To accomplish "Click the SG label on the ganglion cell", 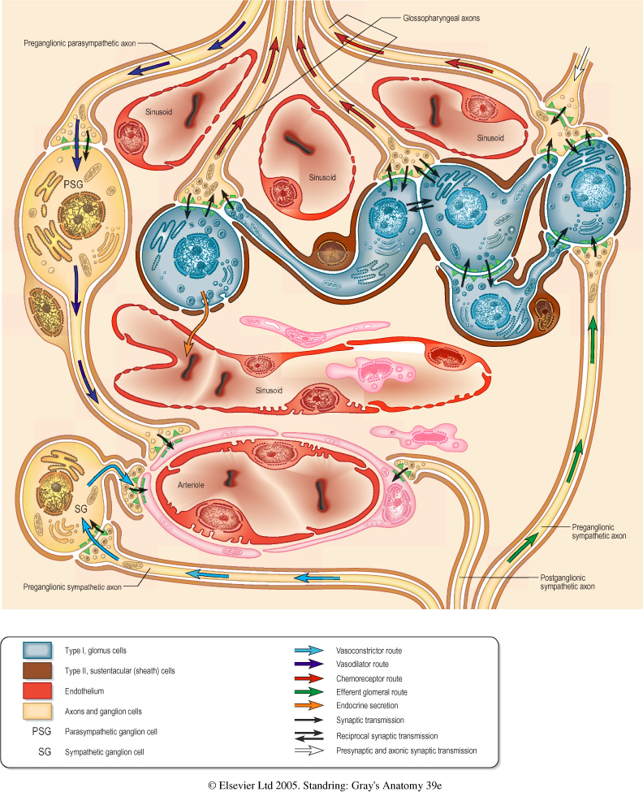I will tap(81, 508).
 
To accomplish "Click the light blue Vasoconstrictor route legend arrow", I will tap(309, 651).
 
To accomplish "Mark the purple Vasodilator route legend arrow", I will tap(309, 664).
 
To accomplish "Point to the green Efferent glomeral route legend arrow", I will tap(309, 692).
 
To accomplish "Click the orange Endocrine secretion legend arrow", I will tap(309, 706).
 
